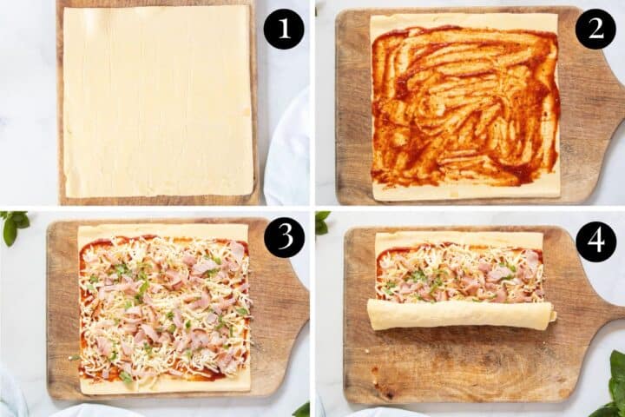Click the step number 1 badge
pos(284,29)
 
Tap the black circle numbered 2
pos(595,29)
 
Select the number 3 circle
pos(284,237)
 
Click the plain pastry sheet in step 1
pos(157,100)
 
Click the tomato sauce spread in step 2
pos(464,104)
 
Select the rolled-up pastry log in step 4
pos(459,314)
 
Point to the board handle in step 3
pos(295,300)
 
